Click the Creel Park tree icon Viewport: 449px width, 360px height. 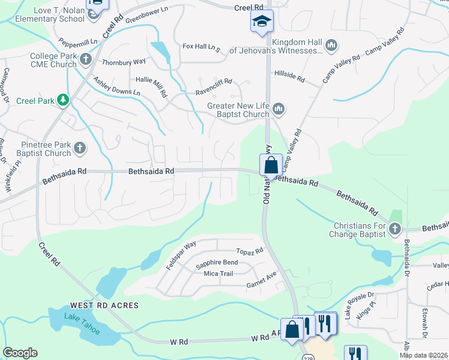coord(62,100)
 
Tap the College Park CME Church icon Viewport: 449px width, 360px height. coord(85,59)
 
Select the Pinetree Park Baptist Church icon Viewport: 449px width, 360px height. coord(79,147)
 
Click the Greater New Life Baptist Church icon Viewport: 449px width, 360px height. coord(277,109)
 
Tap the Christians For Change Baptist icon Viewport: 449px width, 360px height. coord(394,228)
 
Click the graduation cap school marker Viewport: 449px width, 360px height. coord(261,21)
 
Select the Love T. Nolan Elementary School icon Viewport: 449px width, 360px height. coord(93,13)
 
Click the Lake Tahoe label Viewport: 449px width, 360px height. coord(82,325)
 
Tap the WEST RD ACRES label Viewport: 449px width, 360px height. coord(104,305)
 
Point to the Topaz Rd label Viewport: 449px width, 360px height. coord(250,251)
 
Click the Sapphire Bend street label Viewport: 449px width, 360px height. coord(217,263)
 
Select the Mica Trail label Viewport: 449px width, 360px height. coord(218,274)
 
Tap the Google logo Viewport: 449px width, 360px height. coord(20,353)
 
